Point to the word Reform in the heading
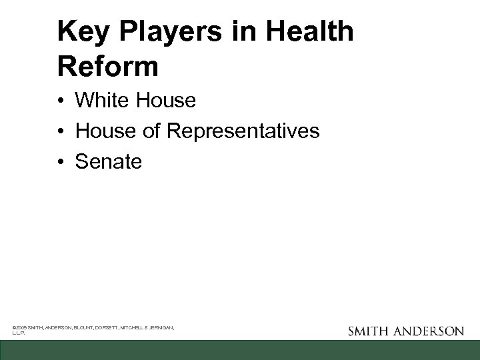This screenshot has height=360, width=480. click(x=108, y=67)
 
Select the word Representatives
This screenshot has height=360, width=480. click(x=243, y=131)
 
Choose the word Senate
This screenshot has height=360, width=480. click(x=109, y=161)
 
